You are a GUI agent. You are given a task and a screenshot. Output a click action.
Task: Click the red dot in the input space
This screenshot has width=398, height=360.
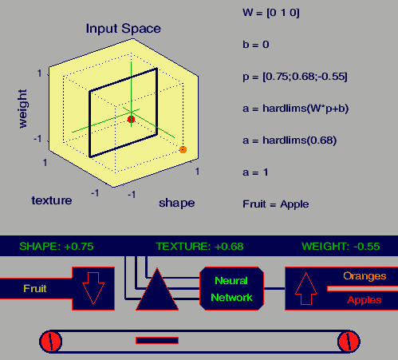coord(131,119)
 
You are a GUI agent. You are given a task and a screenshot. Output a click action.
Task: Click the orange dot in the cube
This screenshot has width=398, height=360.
coord(183,149)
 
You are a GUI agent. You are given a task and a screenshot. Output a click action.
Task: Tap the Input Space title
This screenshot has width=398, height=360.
coord(124,29)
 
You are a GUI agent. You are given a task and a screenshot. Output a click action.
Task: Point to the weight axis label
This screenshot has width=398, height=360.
coord(22,109)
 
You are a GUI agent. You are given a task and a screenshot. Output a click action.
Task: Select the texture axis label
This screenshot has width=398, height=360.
coord(52,200)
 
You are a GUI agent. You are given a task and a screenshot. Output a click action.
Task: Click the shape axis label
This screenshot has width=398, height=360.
coord(177,204)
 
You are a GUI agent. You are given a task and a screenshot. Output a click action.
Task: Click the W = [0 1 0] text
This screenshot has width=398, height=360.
coord(271,13)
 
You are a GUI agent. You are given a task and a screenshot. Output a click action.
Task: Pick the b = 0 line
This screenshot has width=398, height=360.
coord(256,45)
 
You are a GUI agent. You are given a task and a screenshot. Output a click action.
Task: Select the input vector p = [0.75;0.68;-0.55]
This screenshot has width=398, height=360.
coord(295,77)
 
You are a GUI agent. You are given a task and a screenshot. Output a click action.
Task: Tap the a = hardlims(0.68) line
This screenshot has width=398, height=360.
coord(290,140)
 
